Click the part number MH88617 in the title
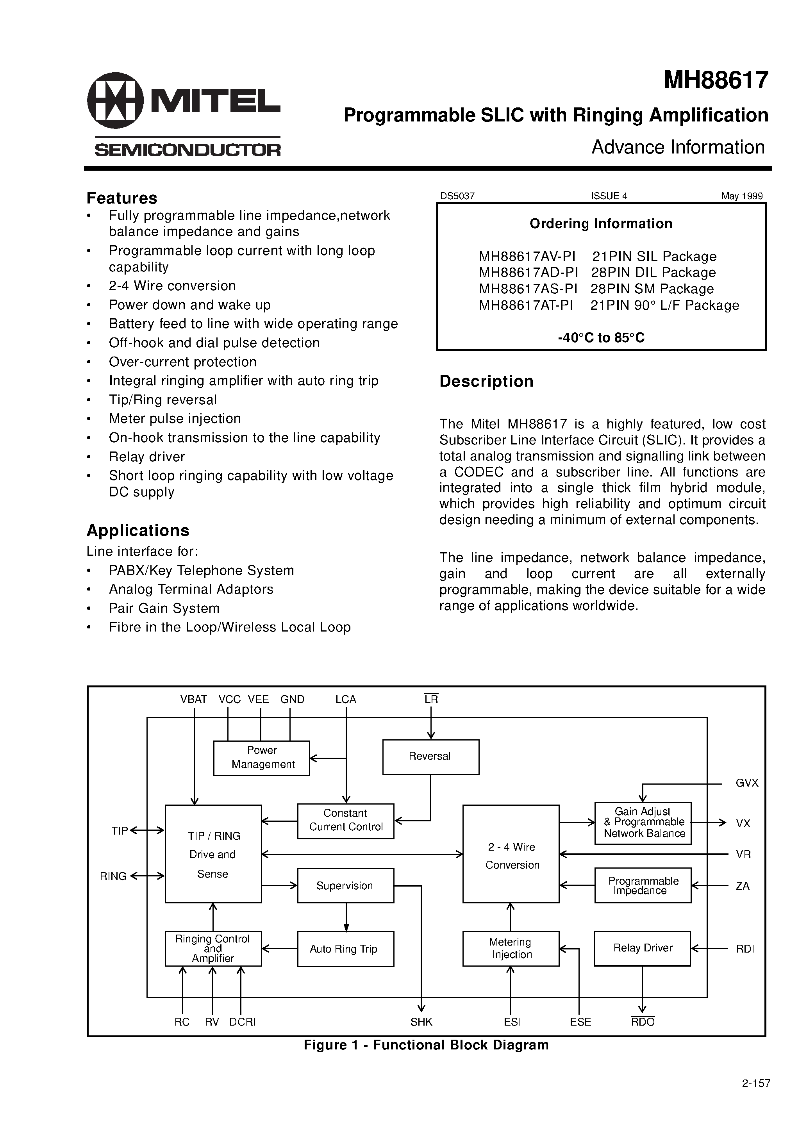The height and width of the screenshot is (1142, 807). click(x=716, y=80)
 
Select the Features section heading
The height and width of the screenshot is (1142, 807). click(x=122, y=198)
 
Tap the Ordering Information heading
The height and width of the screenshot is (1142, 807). click(x=600, y=224)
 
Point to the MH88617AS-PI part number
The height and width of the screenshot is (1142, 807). click(x=528, y=289)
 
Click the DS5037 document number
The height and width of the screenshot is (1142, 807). click(x=457, y=196)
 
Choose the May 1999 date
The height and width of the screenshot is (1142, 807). click(x=741, y=196)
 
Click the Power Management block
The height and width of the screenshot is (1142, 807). click(x=262, y=758)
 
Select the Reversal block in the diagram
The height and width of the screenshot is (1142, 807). click(x=430, y=757)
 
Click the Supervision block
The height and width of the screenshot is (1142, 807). click(x=345, y=886)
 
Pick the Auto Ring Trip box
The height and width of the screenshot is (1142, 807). click(x=345, y=949)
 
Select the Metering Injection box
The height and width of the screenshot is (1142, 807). click(x=511, y=948)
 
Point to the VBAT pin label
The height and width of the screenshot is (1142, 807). click(x=193, y=699)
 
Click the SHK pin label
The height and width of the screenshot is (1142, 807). click(x=421, y=1022)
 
